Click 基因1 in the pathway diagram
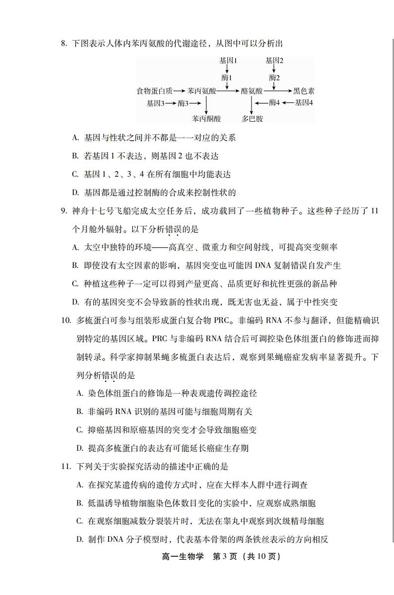[x=228, y=61]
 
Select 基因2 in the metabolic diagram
[x=274, y=61]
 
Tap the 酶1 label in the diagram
[x=227, y=78]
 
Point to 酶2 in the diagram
[x=275, y=78]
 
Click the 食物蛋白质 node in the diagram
[x=155, y=91]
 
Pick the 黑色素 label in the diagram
[x=304, y=91]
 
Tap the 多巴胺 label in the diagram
[x=252, y=119]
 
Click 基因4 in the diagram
[x=304, y=103]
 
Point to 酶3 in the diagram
[x=184, y=103]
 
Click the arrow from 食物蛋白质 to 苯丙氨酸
[x=180, y=91]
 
